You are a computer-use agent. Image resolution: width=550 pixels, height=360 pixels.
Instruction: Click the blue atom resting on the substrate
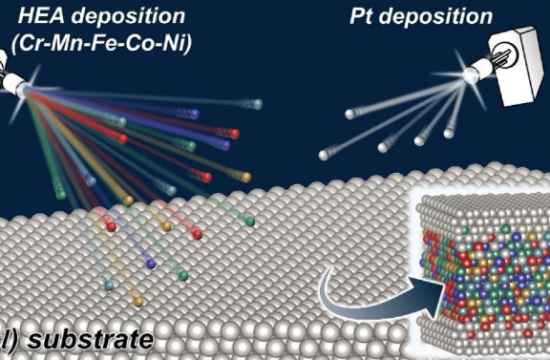[149, 263]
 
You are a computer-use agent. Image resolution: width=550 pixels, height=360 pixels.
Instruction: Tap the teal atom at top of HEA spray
[257, 104]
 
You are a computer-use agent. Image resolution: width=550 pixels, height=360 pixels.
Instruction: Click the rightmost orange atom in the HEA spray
[246, 177]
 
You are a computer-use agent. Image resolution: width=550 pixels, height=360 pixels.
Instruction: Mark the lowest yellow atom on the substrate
[138, 301]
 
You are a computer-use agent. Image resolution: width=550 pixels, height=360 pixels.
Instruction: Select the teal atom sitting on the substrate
[109, 287]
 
